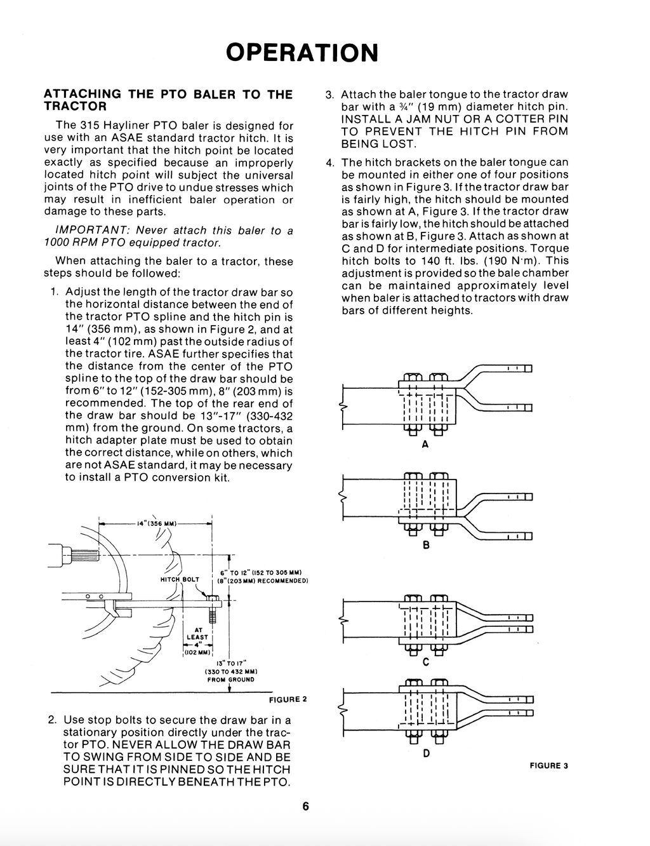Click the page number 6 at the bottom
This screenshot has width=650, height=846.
(x=305, y=807)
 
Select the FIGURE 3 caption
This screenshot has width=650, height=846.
(x=549, y=765)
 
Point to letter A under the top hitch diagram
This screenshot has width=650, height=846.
(x=425, y=445)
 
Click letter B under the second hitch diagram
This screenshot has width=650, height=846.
(x=426, y=545)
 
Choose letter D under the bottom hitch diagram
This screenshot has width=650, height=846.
(x=426, y=753)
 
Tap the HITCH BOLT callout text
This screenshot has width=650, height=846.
(x=180, y=579)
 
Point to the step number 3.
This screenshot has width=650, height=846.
(x=329, y=95)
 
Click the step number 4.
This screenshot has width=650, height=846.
(x=329, y=163)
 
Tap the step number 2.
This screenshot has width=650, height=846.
(x=52, y=720)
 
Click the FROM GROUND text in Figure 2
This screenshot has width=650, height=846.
(x=230, y=679)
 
